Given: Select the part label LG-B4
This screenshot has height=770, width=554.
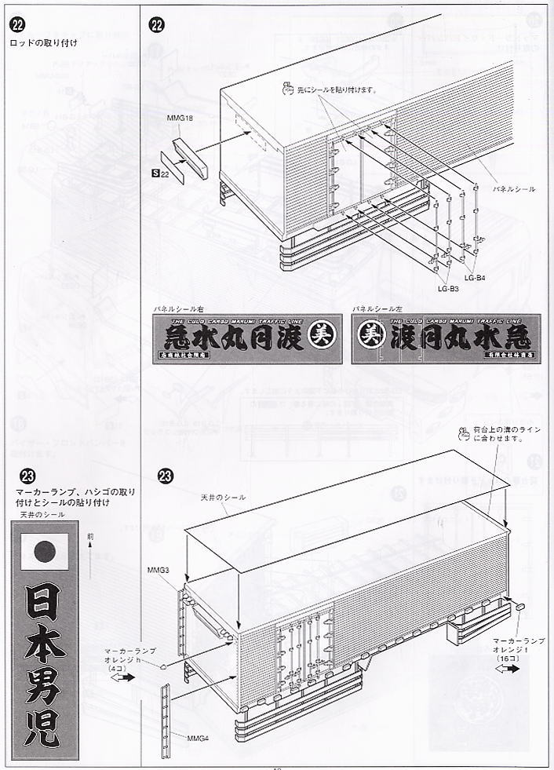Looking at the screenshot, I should point(475,278).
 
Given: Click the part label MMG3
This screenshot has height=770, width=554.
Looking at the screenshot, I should point(158,569).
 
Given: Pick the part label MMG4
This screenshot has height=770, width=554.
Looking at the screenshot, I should point(198,737).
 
